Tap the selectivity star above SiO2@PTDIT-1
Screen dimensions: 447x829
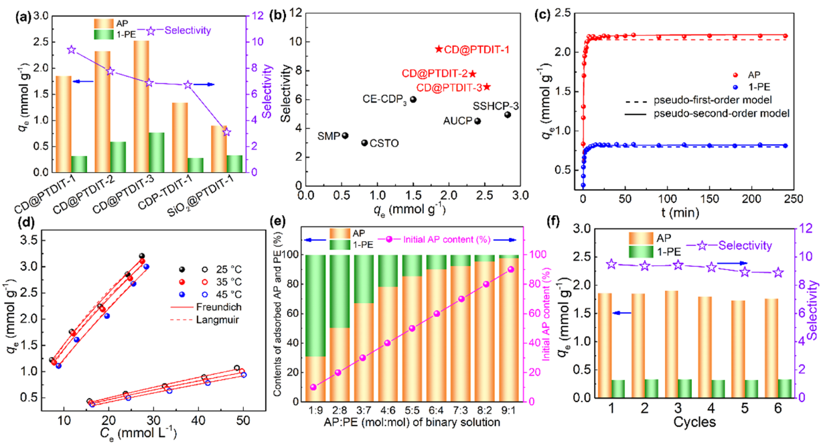(x=226, y=132)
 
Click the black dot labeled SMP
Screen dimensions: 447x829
(x=345, y=135)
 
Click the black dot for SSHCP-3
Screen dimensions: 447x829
(x=508, y=115)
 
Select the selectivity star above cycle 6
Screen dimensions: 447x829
(x=777, y=273)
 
